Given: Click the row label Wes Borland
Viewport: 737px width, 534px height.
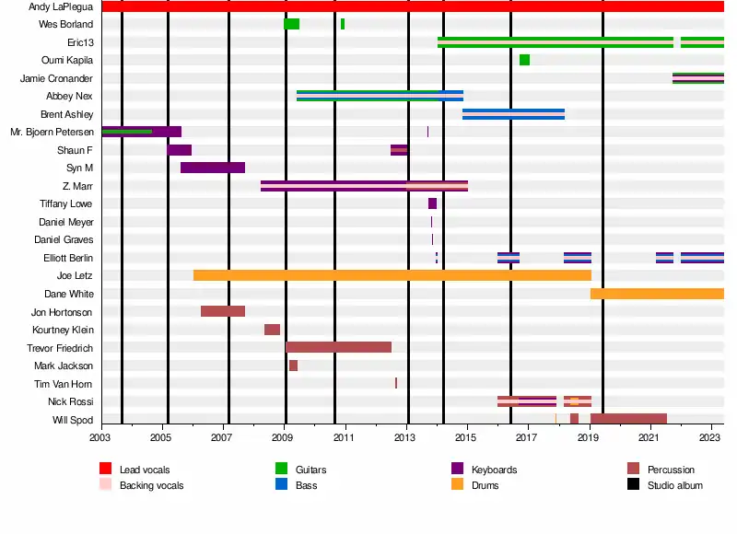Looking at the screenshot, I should click(65, 24).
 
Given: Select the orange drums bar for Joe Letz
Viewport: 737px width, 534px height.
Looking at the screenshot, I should click(392, 275).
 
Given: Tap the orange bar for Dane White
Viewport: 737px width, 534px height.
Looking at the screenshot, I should click(657, 294).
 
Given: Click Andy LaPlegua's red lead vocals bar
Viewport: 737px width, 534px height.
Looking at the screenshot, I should click(413, 6).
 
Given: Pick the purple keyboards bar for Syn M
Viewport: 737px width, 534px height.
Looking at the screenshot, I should click(213, 168).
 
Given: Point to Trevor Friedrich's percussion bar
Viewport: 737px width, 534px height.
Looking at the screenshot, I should click(338, 347).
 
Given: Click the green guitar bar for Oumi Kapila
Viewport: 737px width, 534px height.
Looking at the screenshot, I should click(524, 60).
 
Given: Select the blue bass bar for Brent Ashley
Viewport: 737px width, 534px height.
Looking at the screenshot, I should click(513, 114).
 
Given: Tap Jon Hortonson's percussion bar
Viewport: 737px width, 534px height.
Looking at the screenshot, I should click(223, 311).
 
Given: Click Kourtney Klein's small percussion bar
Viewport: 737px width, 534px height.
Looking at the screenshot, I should click(272, 330).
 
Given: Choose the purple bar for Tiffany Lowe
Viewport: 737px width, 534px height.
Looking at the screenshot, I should click(432, 203).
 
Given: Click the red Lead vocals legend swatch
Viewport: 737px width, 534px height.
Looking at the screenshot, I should click(105, 470).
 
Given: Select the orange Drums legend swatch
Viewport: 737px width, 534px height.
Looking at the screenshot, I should click(457, 484).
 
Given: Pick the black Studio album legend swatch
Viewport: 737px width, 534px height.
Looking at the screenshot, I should click(633, 484).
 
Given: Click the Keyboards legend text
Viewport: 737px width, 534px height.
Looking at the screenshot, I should click(494, 470).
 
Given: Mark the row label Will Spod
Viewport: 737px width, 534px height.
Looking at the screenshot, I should click(73, 420).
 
